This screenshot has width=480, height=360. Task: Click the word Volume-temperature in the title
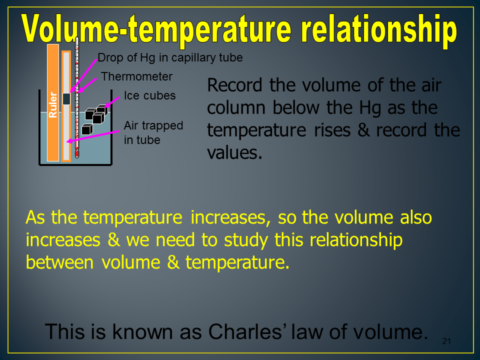pyautogui.click(x=156, y=29)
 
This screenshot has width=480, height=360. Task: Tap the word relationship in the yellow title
pyautogui.click(x=378, y=30)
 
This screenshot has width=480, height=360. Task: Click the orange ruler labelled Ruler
pyautogui.click(x=53, y=102)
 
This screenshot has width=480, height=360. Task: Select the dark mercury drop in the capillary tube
pyautogui.click(x=66, y=99)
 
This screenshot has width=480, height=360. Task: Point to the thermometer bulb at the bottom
pyautogui.click(x=77, y=152)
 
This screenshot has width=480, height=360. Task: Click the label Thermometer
pyautogui.click(x=136, y=76)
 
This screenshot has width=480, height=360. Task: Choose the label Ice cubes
pyautogui.click(x=149, y=95)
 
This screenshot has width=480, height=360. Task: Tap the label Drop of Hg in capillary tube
pyautogui.click(x=170, y=57)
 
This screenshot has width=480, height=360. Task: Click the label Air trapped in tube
pyautogui.click(x=153, y=132)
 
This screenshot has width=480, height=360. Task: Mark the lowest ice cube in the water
pyautogui.click(x=87, y=129)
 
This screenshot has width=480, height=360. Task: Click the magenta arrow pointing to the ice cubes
pyautogui.click(x=111, y=102)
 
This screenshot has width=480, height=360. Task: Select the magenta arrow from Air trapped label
pyautogui.click(x=93, y=136)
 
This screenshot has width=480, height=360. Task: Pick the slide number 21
pyautogui.click(x=446, y=341)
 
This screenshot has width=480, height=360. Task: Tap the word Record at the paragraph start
pyautogui.click(x=234, y=85)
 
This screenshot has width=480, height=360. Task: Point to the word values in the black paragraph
pyautogui.click(x=234, y=153)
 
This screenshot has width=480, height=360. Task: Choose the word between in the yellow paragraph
pyautogui.click(x=59, y=262)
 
